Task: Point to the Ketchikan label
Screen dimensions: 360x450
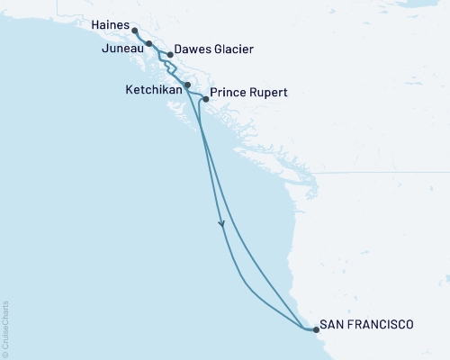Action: tap(153, 91)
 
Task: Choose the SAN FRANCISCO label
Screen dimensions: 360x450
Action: tap(368, 324)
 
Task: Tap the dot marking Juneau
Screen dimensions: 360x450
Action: tap(148, 43)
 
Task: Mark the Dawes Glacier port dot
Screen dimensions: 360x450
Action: tap(169, 54)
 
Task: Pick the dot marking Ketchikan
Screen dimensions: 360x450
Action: tap(187, 85)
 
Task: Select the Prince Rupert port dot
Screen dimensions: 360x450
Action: tap(206, 99)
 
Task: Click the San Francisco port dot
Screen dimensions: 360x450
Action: tap(316, 330)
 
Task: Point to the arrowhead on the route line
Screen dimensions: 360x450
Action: tap(222, 225)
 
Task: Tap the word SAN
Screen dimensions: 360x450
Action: tap(334, 324)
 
